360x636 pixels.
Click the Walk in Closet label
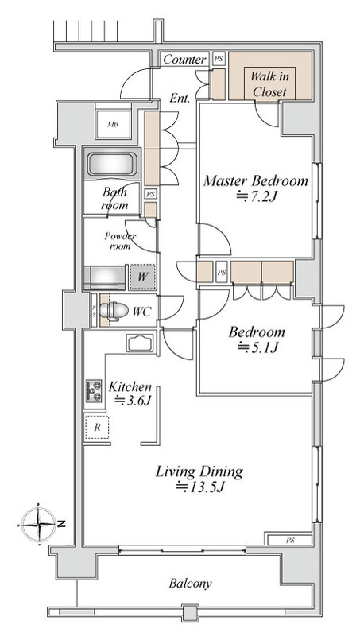269,83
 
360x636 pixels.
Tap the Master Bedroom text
255,180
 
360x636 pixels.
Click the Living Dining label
199,471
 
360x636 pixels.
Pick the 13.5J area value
199,487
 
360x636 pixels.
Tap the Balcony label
190,584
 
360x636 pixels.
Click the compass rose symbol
38,525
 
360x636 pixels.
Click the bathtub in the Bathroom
112,165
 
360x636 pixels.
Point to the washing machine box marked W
142,277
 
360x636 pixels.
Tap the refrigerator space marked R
97,428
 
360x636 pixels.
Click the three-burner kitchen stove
94,390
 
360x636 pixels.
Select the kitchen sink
140,344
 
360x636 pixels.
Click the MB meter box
113,125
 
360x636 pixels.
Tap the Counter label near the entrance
184,60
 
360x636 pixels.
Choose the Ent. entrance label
180,98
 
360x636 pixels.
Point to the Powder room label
120,241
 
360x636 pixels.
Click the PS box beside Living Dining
290,541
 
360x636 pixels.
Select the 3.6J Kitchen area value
133,401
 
